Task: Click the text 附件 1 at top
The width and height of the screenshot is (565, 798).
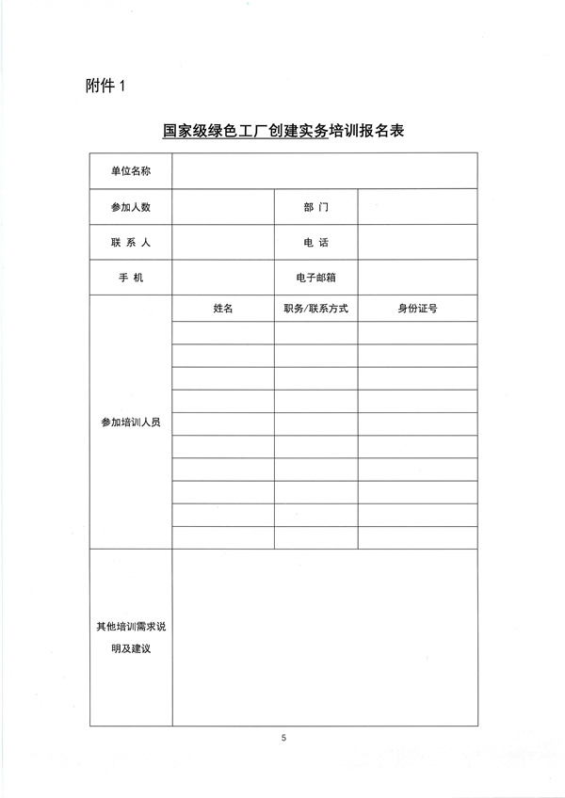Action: tap(105, 86)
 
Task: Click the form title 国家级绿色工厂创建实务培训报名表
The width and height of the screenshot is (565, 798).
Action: tap(282, 132)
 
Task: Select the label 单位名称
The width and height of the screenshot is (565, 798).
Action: tap(130, 170)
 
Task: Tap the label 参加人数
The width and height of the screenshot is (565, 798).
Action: tap(130, 207)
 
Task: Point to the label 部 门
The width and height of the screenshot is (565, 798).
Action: tap(315, 207)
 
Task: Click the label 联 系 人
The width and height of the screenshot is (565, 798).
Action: tap(130, 243)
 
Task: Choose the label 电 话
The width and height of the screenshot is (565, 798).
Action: tap(315, 243)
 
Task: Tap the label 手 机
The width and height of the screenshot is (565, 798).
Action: tap(130, 278)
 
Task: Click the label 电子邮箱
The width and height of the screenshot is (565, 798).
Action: tap(315, 278)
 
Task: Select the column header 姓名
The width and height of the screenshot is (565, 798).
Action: tap(223, 308)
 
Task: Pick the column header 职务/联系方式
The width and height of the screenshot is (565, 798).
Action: tap(315, 308)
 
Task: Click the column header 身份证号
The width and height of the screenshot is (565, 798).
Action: tap(416, 308)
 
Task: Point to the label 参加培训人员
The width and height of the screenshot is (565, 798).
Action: tap(130, 423)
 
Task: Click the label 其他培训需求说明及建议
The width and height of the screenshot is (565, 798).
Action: tap(130, 637)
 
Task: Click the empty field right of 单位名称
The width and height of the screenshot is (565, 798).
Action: tap(324, 170)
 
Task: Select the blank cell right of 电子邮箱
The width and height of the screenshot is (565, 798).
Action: tap(416, 278)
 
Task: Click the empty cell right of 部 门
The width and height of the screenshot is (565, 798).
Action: tap(416, 207)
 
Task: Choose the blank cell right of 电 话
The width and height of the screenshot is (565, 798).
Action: tap(416, 243)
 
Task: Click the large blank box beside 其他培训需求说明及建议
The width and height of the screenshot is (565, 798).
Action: tap(324, 637)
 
